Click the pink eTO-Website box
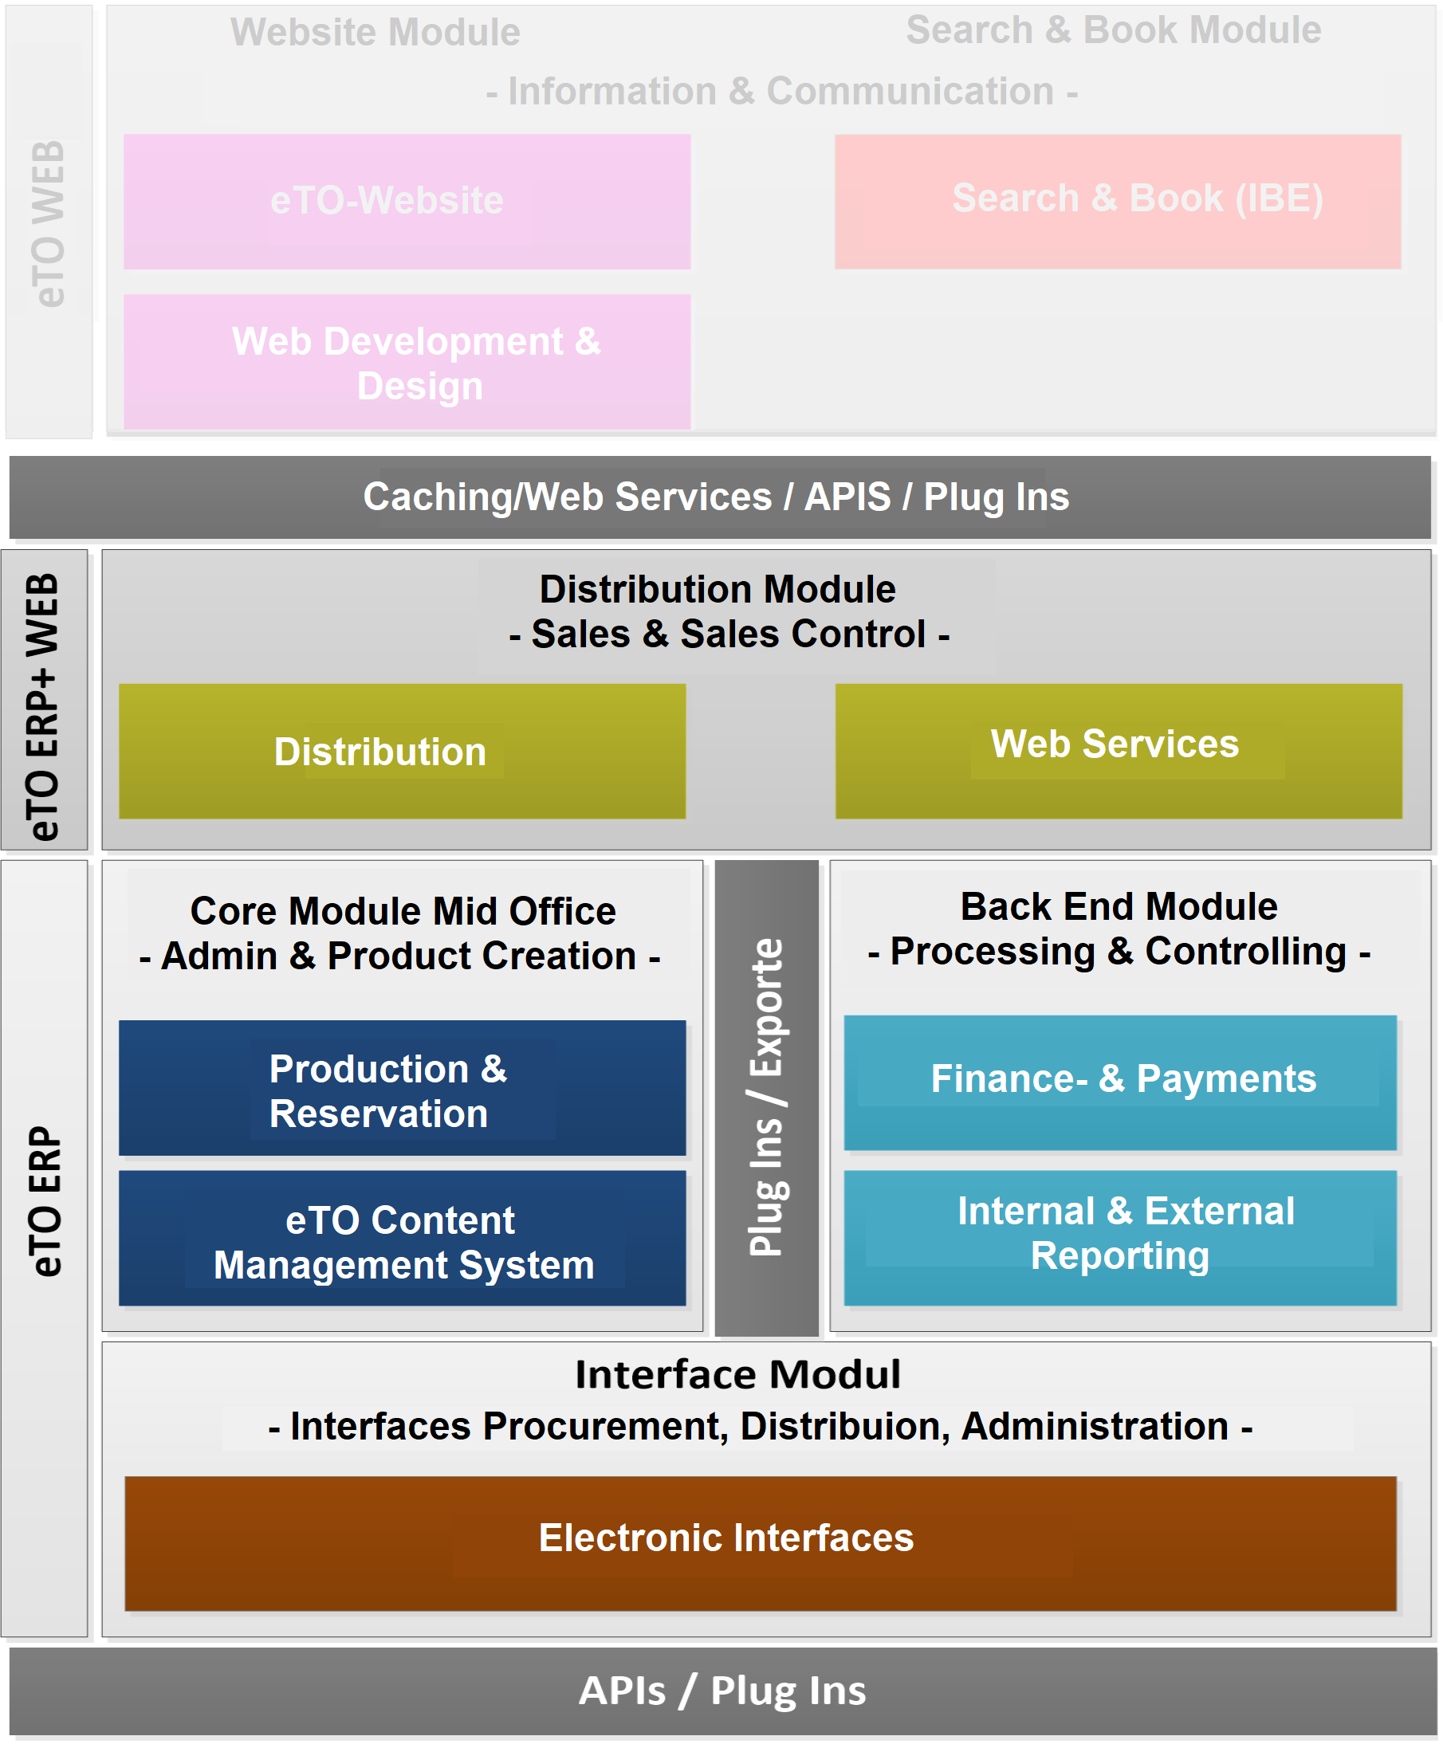407,201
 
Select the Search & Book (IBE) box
1118,201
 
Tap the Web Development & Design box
407,362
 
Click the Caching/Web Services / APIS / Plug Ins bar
719,497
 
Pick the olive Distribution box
402,751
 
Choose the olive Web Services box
1119,751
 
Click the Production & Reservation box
402,1088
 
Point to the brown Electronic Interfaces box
760,1543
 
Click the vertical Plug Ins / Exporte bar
766,1097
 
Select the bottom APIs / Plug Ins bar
723,1691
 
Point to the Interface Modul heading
737,1374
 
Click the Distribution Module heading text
718,590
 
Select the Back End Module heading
1119,906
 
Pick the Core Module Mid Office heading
403,911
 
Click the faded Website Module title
375,33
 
